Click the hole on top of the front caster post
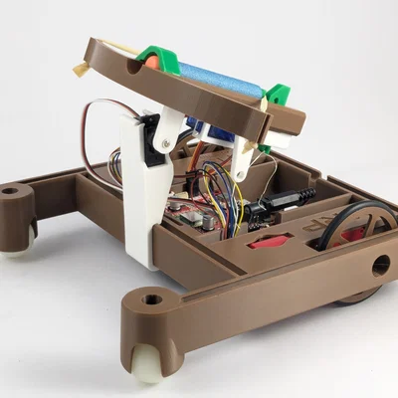click(151, 298)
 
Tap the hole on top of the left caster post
click(11, 188)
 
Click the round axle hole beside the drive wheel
click(381, 266)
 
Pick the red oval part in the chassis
click(268, 241)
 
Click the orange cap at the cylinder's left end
click(149, 61)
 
